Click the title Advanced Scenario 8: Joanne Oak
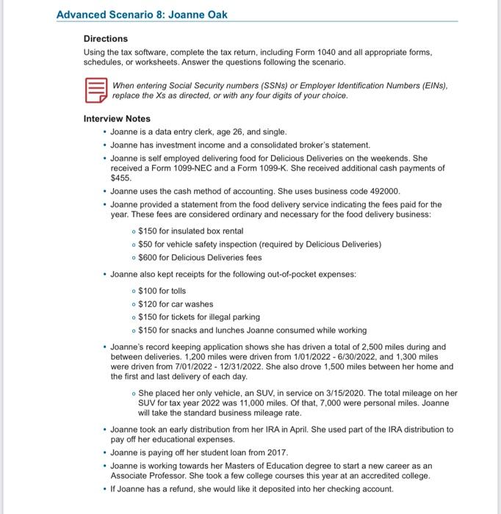coord(141,15)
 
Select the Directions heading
coord(106,38)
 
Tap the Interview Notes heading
coord(117,118)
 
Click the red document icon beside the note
coord(94,91)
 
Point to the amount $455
coord(120,178)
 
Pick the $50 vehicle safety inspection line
coord(255,244)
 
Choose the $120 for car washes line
coord(176,304)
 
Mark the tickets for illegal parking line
coord(199,317)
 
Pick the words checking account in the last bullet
coord(361,489)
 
